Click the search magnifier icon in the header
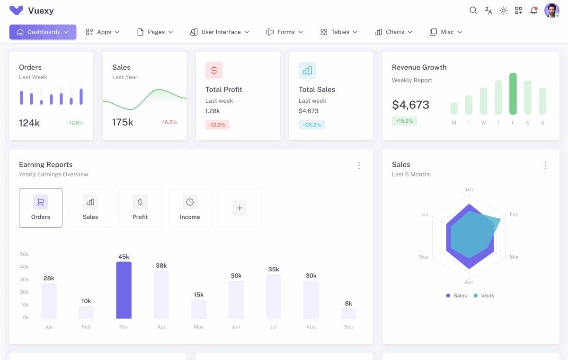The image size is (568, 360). coord(473,10)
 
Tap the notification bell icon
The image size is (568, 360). coord(534,10)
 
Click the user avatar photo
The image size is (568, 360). coord(551,10)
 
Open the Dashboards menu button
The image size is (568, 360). coord(43,32)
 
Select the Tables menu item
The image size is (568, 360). coord(339,32)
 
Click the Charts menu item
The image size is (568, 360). coord(394,32)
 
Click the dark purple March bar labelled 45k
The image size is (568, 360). coord(124,290)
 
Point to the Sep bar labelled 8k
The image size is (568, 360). coord(348,314)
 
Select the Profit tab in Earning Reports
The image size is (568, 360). coord(140,208)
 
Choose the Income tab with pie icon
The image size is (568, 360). coord(190,208)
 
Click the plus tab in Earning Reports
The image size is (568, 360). coord(240,208)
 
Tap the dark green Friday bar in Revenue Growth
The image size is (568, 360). coord(513,94)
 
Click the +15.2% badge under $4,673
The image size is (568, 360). coord(404,121)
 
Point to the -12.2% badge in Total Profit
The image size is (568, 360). coord(217,125)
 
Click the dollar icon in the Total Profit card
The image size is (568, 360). coord(214,71)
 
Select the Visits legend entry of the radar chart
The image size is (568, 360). coord(484,296)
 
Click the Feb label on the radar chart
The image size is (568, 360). coord(514,215)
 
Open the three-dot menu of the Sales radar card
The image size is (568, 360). coord(545,166)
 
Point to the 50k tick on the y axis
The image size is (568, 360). coord(24,254)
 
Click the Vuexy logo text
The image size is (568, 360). coord(41,10)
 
